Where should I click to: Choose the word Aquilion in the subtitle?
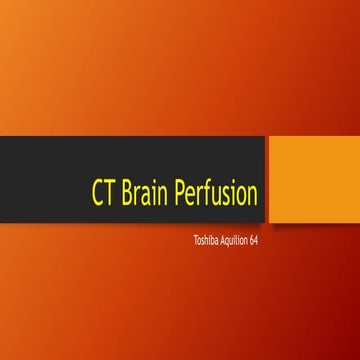(231, 241)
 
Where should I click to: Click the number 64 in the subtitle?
(254, 241)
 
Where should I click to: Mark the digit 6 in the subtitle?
(252, 241)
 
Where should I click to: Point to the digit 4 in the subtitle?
(257, 241)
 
